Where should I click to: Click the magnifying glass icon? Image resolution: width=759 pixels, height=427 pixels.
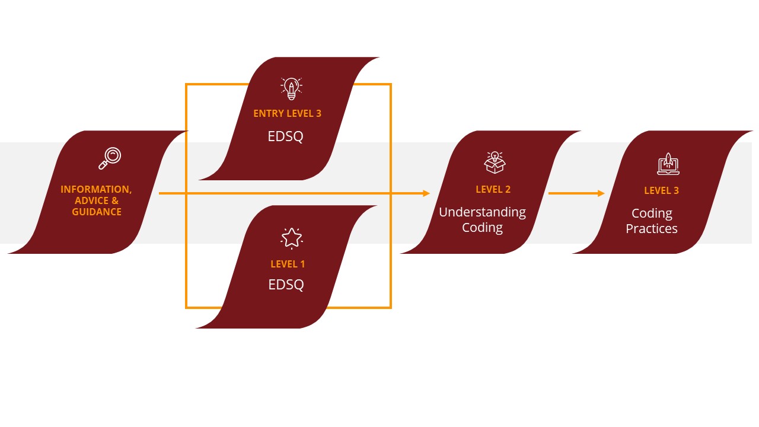110,158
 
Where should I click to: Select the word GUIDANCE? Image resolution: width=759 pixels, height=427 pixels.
97,212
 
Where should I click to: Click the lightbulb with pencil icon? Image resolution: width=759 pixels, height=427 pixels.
291,88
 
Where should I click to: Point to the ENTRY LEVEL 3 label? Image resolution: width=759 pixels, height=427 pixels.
287,113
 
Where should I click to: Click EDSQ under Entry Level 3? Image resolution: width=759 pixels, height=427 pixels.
286,136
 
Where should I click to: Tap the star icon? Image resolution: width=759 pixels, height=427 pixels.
291,238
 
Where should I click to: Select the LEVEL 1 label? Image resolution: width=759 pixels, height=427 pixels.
288,264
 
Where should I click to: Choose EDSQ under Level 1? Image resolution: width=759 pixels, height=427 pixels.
286,285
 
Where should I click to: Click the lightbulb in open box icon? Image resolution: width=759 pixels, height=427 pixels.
495,162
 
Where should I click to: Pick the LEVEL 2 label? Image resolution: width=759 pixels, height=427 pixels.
493,190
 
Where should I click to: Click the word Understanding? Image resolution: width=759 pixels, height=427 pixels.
482,212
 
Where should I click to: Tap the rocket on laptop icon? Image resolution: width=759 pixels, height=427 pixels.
668,164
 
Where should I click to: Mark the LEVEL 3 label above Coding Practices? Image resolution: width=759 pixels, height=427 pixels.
661,191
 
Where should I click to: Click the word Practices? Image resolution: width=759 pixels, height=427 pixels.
651,229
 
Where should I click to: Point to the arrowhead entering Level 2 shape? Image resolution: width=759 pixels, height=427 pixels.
426,193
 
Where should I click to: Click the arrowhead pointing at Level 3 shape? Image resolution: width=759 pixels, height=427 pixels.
601,193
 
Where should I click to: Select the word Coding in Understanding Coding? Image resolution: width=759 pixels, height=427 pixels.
482,228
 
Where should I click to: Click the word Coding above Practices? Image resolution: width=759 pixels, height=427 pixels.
651,213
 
